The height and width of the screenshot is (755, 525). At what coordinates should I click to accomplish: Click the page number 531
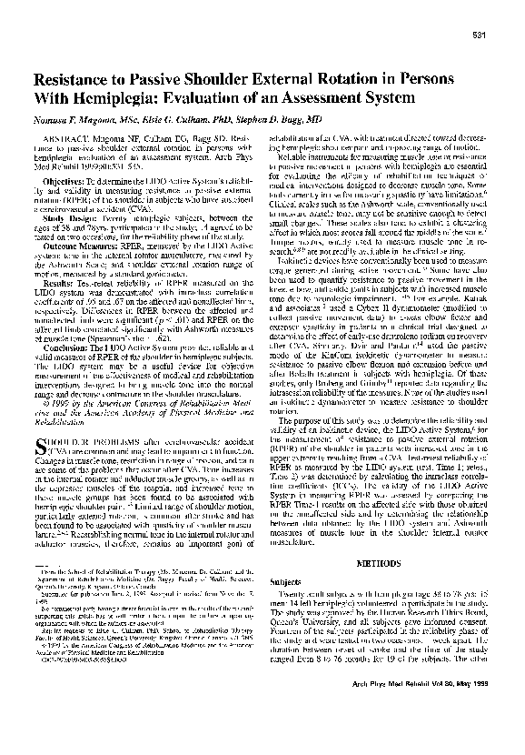click(482, 35)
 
